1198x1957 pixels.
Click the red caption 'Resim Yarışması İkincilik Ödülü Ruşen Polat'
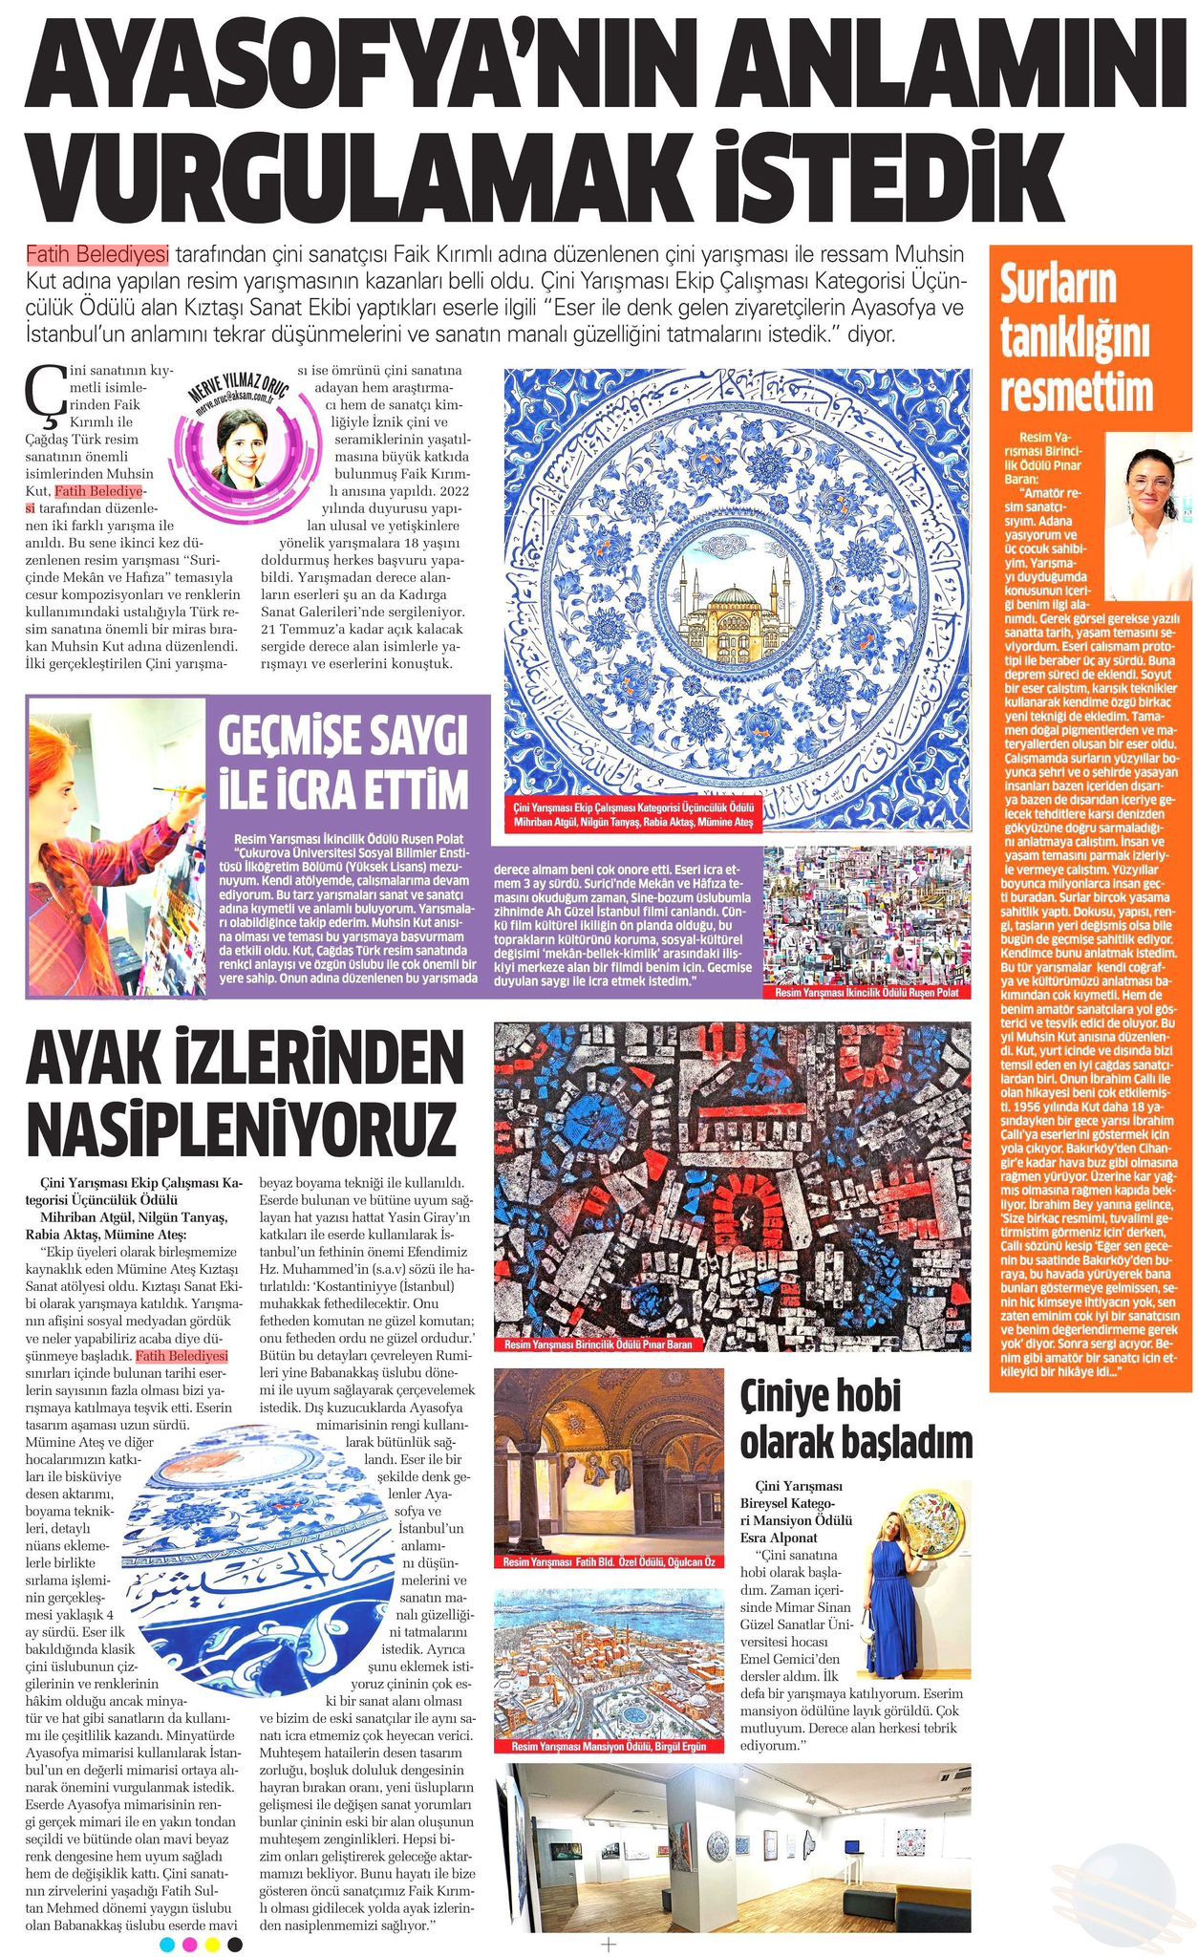(x=866, y=993)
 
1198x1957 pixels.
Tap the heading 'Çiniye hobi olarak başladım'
(x=856, y=1421)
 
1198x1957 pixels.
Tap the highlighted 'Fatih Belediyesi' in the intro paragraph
(x=96, y=255)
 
